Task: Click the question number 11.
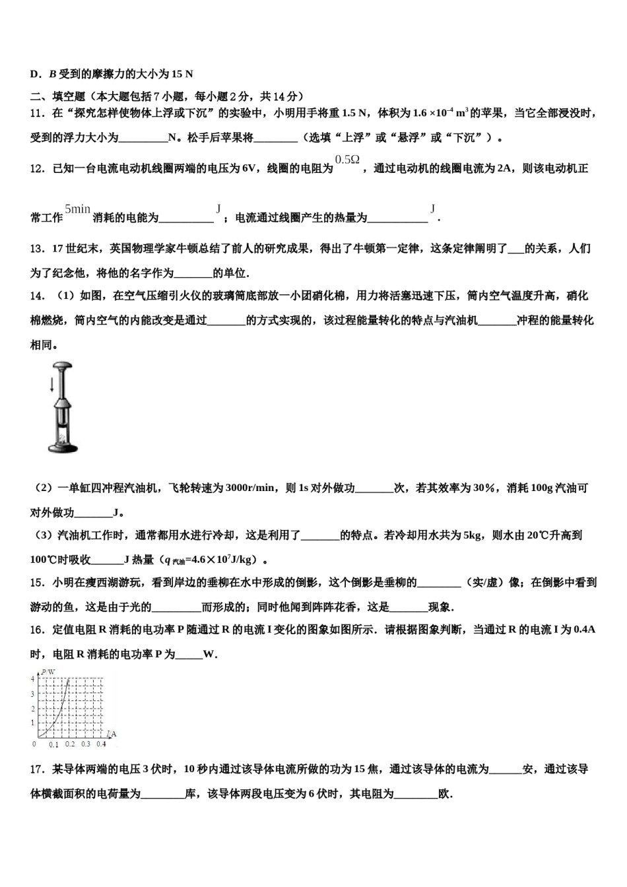click(x=37, y=114)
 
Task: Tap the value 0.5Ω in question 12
click(x=347, y=160)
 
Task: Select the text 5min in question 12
click(x=77, y=209)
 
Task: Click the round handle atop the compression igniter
click(x=64, y=366)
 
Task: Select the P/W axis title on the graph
click(x=47, y=673)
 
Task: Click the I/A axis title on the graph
click(x=112, y=733)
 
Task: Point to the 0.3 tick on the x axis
click(x=86, y=744)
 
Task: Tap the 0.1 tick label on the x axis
click(x=54, y=744)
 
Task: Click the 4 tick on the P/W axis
click(x=32, y=679)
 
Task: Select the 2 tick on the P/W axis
click(x=32, y=709)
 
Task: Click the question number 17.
click(x=37, y=769)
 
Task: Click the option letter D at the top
click(x=34, y=74)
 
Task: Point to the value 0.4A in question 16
click(x=585, y=630)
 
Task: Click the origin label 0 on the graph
click(x=34, y=744)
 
